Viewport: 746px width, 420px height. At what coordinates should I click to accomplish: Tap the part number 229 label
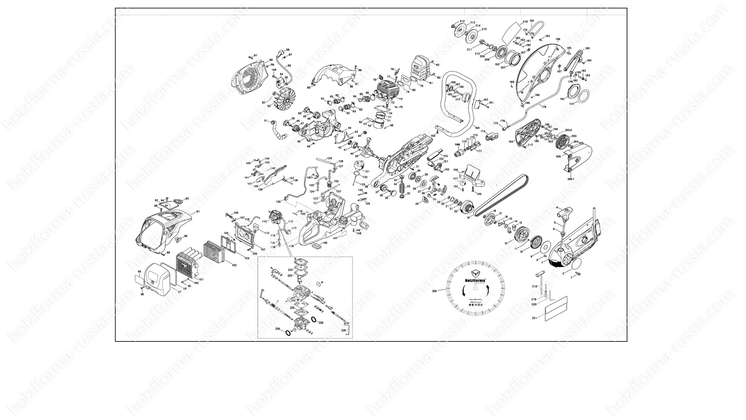click(x=435, y=290)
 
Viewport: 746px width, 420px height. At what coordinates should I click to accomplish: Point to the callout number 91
click(x=198, y=212)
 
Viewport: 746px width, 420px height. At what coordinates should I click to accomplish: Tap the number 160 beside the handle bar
click(x=477, y=128)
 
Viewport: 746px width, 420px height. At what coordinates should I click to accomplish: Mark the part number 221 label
click(x=535, y=318)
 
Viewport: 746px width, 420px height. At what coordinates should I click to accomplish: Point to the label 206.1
click(x=570, y=179)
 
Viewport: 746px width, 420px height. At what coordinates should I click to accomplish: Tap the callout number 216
click(x=525, y=22)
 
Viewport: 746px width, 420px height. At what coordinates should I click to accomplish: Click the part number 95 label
click(x=139, y=271)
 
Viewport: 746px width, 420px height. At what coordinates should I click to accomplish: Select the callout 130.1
click(x=309, y=178)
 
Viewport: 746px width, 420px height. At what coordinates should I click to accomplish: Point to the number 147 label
click(x=335, y=238)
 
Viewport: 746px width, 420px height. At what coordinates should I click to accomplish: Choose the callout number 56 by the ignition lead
click(x=289, y=66)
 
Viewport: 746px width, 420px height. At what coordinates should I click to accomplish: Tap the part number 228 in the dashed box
click(x=343, y=330)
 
